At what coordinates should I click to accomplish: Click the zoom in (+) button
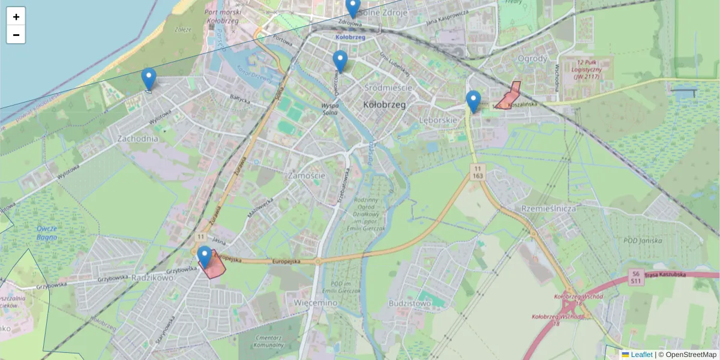[16, 17]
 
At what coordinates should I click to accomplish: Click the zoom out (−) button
[16, 35]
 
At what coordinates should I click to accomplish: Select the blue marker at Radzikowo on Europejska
[205, 257]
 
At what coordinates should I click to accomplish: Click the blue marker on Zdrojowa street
[353, 8]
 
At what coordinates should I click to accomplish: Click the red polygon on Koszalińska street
[509, 97]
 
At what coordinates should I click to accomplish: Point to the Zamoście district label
[306, 176]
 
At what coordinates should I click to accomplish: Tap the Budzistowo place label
[410, 303]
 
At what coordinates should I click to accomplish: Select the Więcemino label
[316, 303]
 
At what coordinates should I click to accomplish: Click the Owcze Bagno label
[46, 232]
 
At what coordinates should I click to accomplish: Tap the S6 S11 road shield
[635, 277]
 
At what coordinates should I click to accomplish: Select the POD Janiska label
[643, 241]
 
